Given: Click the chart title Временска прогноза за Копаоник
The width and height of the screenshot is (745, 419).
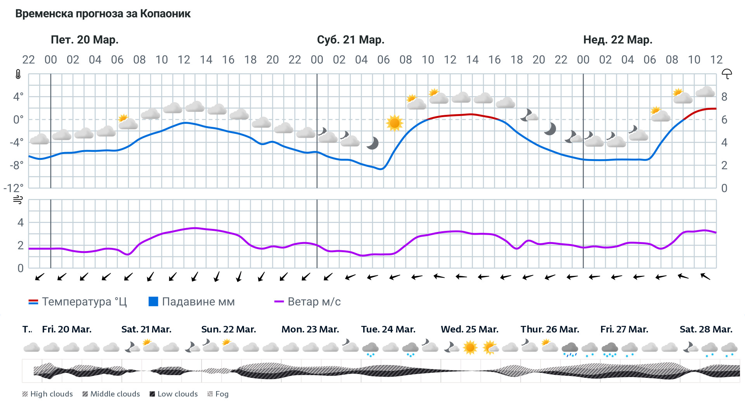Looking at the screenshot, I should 103,14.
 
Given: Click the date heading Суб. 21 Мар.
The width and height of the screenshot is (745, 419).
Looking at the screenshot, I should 350,40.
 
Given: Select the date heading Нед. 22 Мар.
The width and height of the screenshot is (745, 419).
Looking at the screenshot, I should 618,40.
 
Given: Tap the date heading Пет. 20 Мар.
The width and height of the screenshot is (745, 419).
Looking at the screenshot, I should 85,40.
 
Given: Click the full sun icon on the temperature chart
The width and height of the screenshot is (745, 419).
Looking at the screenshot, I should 395,123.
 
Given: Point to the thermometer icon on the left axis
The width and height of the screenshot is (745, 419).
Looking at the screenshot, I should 18,74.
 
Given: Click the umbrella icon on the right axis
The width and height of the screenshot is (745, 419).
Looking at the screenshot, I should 726,74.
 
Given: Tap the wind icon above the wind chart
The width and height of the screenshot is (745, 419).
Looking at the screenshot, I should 18,200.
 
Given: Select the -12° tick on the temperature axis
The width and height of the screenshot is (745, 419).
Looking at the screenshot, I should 14,188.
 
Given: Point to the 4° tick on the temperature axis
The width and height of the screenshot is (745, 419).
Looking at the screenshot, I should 18,97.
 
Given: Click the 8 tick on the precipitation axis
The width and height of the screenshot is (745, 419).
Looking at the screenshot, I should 724,97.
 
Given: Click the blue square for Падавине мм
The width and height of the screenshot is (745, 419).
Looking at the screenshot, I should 153,301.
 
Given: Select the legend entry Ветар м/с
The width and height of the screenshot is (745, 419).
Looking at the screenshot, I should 307,302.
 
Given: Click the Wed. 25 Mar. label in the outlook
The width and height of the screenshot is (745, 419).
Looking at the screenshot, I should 470,329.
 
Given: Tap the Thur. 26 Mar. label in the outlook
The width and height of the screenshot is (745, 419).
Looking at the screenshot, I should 549,329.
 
